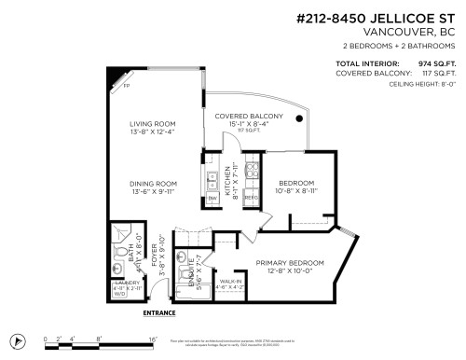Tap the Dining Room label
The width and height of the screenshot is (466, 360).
coord(154,185)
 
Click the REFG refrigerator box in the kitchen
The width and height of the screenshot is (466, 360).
coord(250,199)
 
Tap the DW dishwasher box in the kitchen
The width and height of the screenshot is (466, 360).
coord(212,199)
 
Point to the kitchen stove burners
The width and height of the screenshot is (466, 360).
coord(250,172)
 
